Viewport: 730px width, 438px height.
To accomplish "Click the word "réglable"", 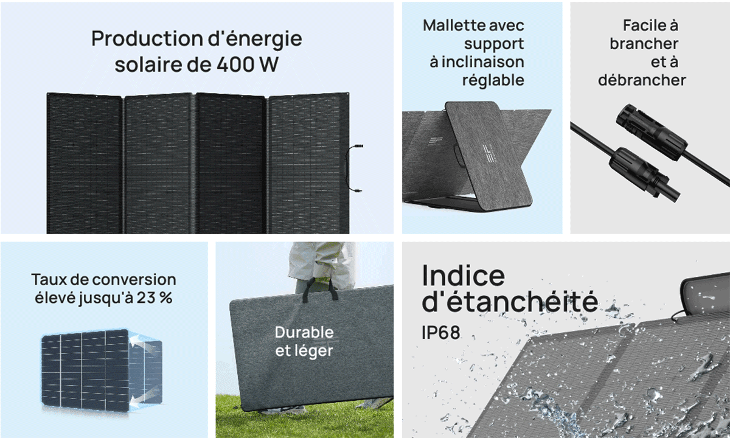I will (x=493, y=80).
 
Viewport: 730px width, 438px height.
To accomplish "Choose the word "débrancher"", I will (x=642, y=80).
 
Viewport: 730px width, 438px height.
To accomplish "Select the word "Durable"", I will (x=304, y=333).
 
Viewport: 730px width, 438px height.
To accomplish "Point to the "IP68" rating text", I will (x=441, y=333).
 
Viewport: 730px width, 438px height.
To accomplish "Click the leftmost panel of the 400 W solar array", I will (x=85, y=163).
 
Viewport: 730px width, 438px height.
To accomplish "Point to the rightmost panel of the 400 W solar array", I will (x=308, y=163).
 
